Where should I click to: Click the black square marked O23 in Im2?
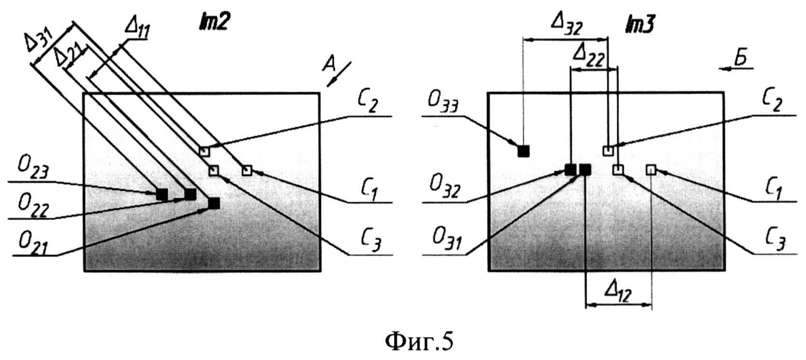pyautogui.click(x=162, y=194)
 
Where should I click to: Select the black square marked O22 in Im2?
pyautogui.click(x=190, y=194)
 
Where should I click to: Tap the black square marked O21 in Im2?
pyautogui.click(x=214, y=203)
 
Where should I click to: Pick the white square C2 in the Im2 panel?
pyautogui.click(x=205, y=151)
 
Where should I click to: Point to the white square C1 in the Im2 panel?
pyautogui.click(x=246, y=170)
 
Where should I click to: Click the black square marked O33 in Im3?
pyautogui.click(x=523, y=151)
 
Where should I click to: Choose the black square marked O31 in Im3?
pyautogui.click(x=585, y=169)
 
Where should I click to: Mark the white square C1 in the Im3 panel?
pyautogui.click(x=651, y=169)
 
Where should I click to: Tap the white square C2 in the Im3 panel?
pyautogui.click(x=608, y=151)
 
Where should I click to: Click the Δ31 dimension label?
pyautogui.click(x=39, y=44)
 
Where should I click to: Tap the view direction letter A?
pyautogui.click(x=329, y=64)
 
